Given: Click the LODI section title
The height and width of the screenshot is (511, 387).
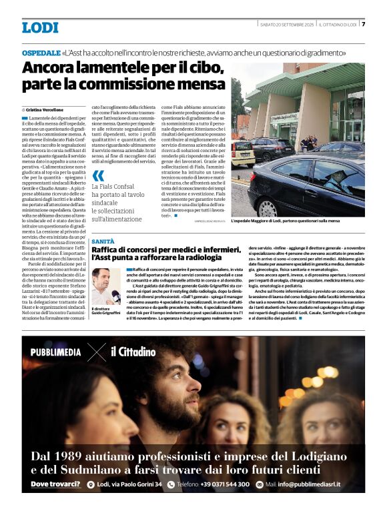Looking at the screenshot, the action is point(40,27).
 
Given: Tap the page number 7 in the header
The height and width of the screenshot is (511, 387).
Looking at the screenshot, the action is point(363,24).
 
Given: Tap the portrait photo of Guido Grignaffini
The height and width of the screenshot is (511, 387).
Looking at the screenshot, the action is point(105,286).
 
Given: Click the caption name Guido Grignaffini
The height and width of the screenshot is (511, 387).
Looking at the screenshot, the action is point(107,314).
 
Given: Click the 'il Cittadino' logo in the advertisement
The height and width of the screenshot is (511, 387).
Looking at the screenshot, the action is point(133,352).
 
